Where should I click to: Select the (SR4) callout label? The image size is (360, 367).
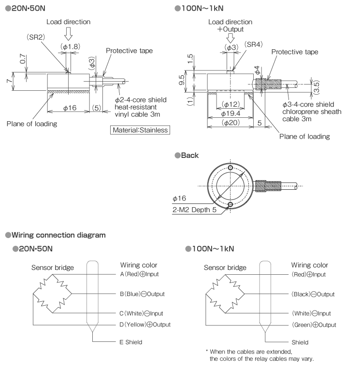(x=254, y=44)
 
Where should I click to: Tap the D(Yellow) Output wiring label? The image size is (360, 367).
(x=145, y=324)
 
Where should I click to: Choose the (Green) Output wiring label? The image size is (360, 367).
(x=314, y=325)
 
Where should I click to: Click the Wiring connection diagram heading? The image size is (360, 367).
(x=55, y=235)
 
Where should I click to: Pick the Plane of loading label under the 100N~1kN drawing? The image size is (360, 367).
(x=304, y=136)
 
